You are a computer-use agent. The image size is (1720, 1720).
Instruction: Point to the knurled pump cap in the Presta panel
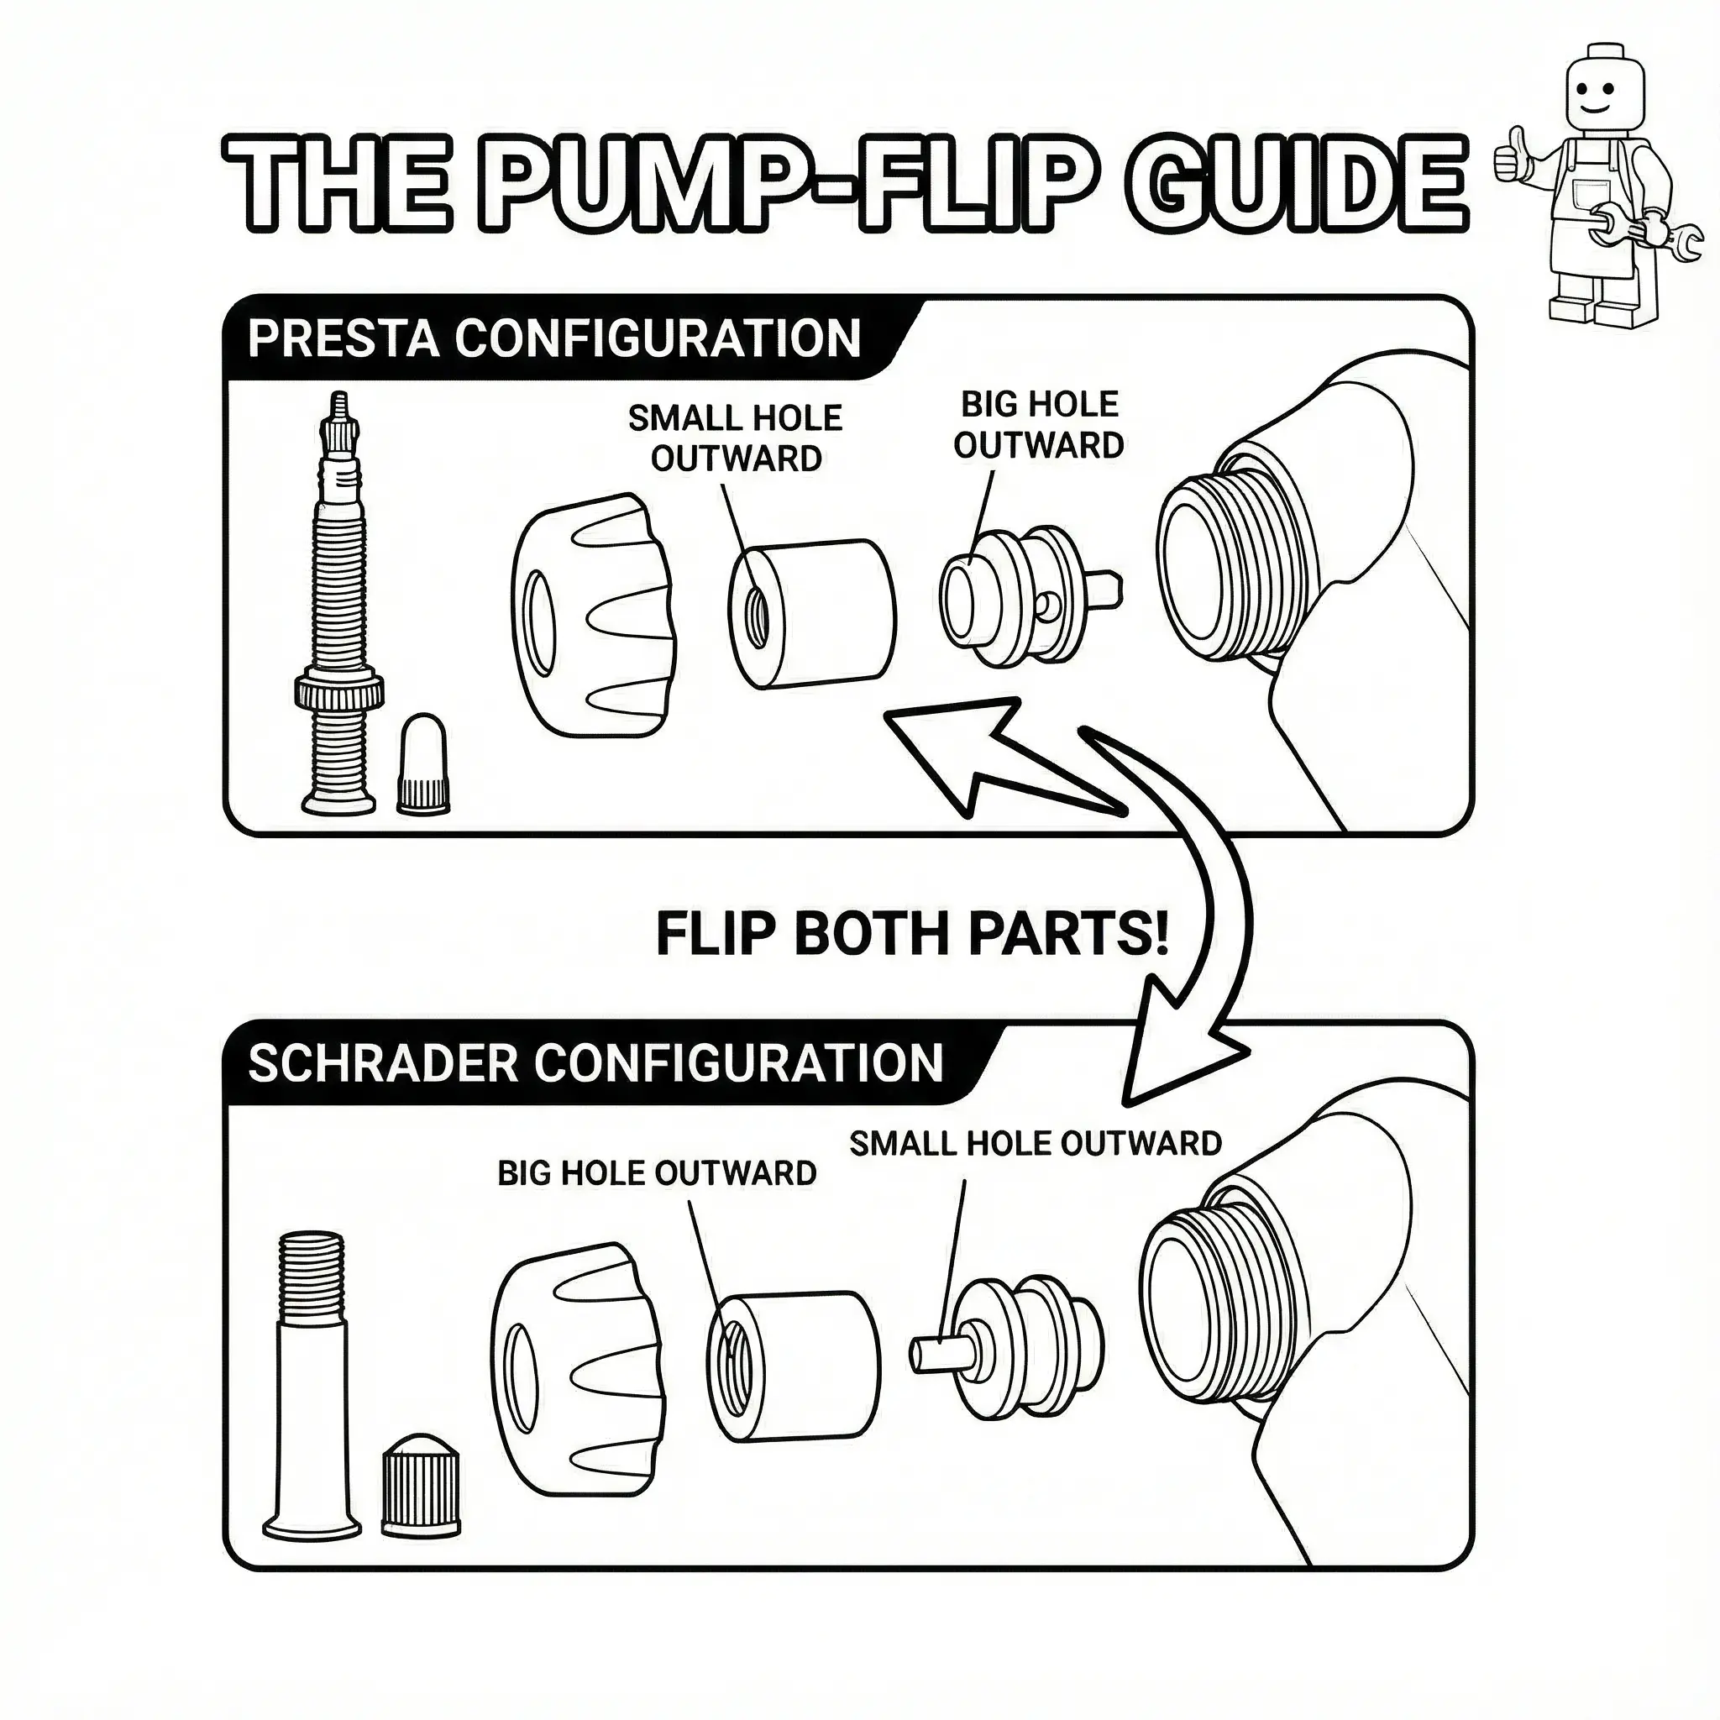[593, 614]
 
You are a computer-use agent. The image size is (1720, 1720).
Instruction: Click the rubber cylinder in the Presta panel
[812, 614]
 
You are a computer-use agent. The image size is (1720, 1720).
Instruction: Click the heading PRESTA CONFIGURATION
[553, 339]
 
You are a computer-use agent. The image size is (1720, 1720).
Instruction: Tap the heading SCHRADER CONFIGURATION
[595, 1064]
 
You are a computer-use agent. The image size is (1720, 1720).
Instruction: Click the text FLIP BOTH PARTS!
[910, 935]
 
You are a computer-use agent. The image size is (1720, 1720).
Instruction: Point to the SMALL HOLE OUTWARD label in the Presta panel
[736, 439]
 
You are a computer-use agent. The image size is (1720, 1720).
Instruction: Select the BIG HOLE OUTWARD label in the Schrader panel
[657, 1173]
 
